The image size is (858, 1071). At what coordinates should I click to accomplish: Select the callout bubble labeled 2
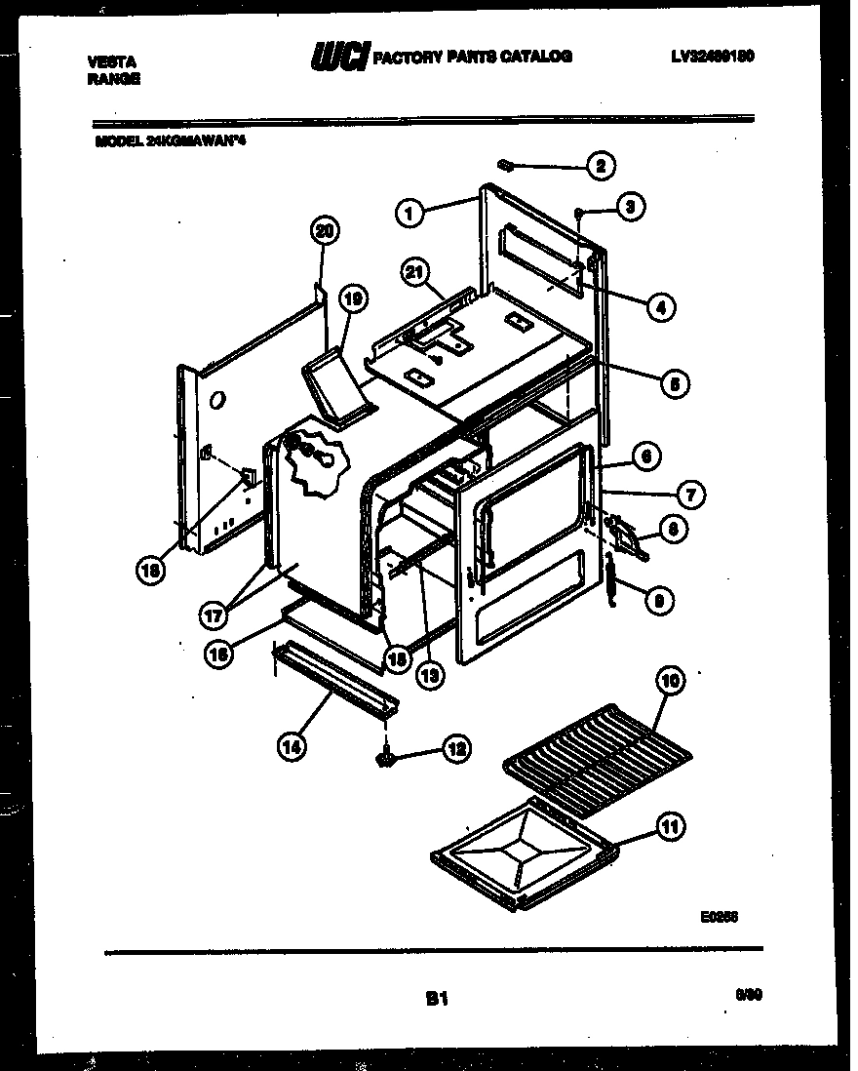pyautogui.click(x=600, y=166)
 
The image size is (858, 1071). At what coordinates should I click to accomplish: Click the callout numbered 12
pyautogui.click(x=455, y=748)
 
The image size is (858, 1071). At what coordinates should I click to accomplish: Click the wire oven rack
pyautogui.click(x=600, y=752)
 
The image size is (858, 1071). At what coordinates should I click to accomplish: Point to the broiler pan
pyautogui.click(x=525, y=854)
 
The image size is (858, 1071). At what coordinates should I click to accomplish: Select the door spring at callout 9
pyautogui.click(x=611, y=579)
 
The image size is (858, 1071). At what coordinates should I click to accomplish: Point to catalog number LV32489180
pyautogui.click(x=712, y=57)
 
